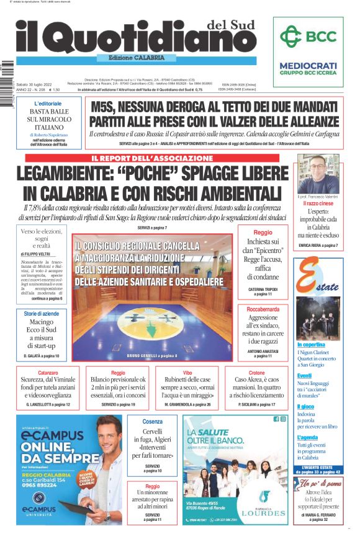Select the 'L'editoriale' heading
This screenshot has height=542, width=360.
coord(48,103)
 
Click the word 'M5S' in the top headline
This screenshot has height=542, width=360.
coord(108,107)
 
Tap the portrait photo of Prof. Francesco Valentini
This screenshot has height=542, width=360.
coord(317,174)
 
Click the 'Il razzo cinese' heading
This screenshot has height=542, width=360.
coord(318,203)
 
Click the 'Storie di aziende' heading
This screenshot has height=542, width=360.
coord(42,314)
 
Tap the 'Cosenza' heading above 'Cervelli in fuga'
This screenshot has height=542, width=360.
coord(152,421)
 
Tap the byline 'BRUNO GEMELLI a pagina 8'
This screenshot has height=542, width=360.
coord(152,355)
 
